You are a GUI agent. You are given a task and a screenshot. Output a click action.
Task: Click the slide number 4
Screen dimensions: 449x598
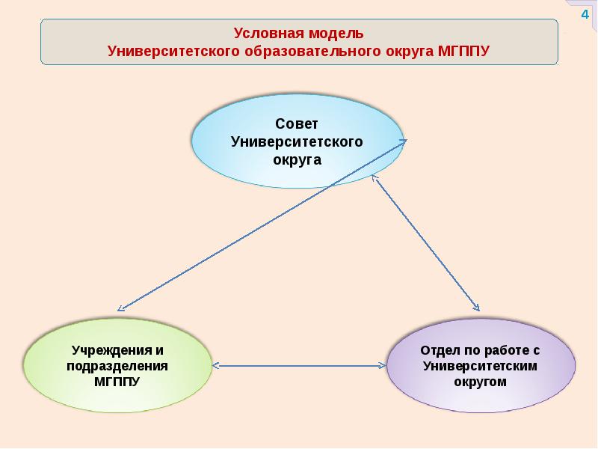tap(585, 16)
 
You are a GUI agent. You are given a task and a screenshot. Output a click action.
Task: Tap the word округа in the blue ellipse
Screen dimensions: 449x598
tap(297, 159)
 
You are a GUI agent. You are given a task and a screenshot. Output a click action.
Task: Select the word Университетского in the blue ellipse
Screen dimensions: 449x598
tap(297, 141)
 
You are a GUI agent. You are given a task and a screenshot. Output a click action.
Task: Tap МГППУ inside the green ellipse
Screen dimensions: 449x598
tap(117, 381)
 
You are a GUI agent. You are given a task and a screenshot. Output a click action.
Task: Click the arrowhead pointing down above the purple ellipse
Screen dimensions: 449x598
tap(475, 306)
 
